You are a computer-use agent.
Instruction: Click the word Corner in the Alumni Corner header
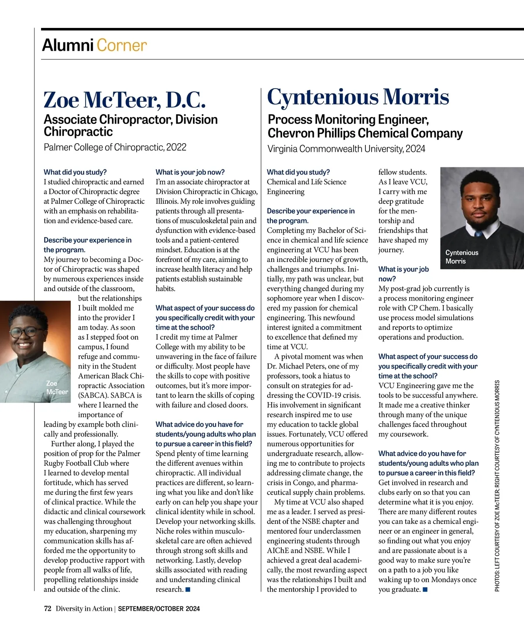121,45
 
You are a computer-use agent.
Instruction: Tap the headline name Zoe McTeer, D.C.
124,100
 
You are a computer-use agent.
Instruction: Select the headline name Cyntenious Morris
358,97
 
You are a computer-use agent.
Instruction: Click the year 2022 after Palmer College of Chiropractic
176,147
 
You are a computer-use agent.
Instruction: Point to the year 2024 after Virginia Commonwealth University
415,149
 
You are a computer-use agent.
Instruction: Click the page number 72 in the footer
48,609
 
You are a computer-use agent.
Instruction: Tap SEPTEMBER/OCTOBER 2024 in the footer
159,609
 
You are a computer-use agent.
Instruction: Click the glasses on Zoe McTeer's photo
26,332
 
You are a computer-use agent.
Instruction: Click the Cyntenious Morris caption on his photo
462,257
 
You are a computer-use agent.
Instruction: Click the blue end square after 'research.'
188,590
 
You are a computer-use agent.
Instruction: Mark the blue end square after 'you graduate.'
425,590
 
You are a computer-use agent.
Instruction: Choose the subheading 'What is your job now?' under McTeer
190,172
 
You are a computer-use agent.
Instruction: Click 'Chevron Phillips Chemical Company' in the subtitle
365,133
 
